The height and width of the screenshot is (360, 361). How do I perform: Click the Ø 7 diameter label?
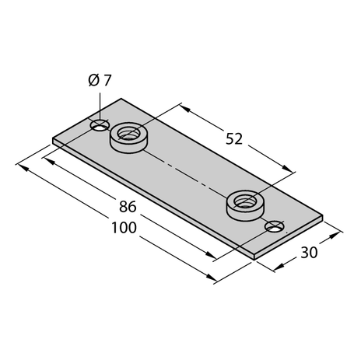click(x=100, y=80)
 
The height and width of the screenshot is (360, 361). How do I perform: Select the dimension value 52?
click(x=234, y=139)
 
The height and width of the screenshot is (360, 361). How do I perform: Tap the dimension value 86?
click(x=128, y=207)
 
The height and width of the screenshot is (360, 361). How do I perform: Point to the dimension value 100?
click(x=124, y=228)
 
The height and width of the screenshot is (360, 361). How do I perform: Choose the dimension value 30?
click(x=309, y=253)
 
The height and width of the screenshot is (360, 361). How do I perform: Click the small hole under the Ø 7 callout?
click(x=100, y=125)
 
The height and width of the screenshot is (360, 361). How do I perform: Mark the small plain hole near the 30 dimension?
click(x=275, y=227)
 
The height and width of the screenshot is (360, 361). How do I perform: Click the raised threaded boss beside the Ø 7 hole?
click(x=128, y=138)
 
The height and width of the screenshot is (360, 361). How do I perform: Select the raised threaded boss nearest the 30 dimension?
click(x=244, y=205)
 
